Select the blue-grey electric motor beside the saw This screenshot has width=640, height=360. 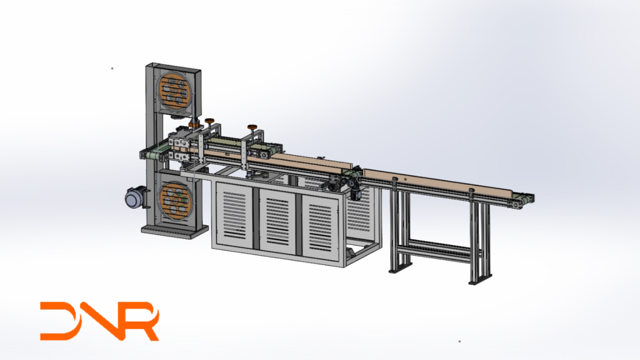click(136, 198)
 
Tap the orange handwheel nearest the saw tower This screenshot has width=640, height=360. click(210, 121)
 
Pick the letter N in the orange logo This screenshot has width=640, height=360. click(99, 321)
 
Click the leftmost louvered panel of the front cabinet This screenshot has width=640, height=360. click(234, 215)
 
